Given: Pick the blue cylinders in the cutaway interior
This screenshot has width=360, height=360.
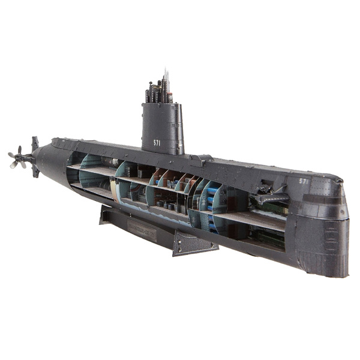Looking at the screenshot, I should [x=212, y=198].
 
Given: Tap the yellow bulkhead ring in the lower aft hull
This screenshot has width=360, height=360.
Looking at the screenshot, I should [x=113, y=189].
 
